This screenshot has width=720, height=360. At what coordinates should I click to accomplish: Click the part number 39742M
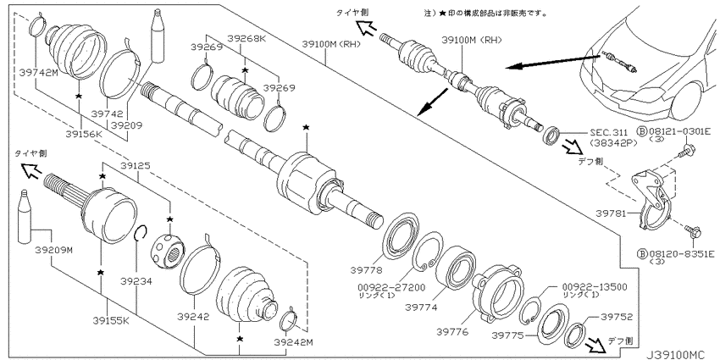tap(39, 72)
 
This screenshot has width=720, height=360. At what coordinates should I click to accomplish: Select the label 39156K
tap(84, 134)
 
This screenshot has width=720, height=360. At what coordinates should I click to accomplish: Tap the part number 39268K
tap(246, 39)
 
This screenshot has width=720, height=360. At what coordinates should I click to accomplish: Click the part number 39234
tap(136, 280)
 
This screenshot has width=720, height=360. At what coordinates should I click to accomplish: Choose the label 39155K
tap(111, 321)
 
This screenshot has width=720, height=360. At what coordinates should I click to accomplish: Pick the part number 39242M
tap(293, 342)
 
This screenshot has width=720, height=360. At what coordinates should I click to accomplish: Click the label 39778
tap(366, 270)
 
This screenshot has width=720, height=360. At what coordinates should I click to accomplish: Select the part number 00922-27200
tap(391, 287)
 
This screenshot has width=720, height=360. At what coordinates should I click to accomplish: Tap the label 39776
tap(452, 331)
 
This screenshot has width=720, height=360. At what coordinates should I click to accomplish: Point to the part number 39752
tap(617, 317)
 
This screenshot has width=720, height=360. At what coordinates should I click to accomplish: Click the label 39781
tap(612, 213)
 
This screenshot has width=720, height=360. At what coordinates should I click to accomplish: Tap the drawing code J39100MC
tap(675, 354)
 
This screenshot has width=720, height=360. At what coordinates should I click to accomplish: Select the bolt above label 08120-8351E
tap(692, 231)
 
